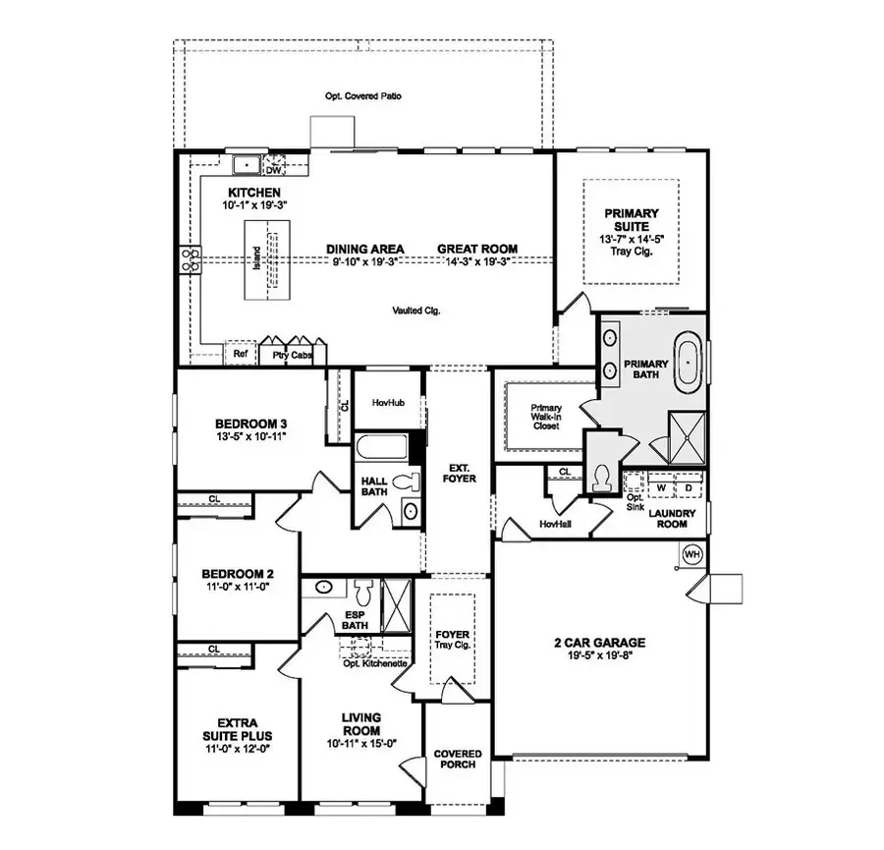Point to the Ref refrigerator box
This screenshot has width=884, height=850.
coord(240,354)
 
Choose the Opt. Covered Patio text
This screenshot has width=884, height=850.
coord(364,96)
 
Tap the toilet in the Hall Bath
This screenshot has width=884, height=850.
coord(400,482)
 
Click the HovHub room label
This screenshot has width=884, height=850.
coord(382,402)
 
